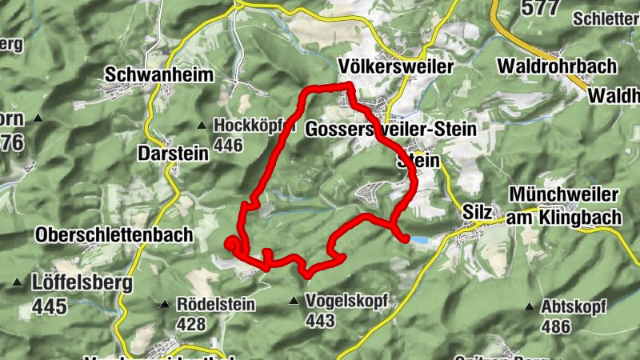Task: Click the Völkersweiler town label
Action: [396, 66]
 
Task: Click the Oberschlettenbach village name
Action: [114, 235]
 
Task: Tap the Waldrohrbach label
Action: [557, 66]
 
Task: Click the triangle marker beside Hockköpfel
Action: [202, 126]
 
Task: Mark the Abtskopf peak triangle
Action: [529, 306]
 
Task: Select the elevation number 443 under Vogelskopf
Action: [320, 321]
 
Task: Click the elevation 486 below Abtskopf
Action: [556, 326]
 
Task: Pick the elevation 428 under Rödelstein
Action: [191, 323]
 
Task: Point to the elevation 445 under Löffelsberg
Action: [48, 306]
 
